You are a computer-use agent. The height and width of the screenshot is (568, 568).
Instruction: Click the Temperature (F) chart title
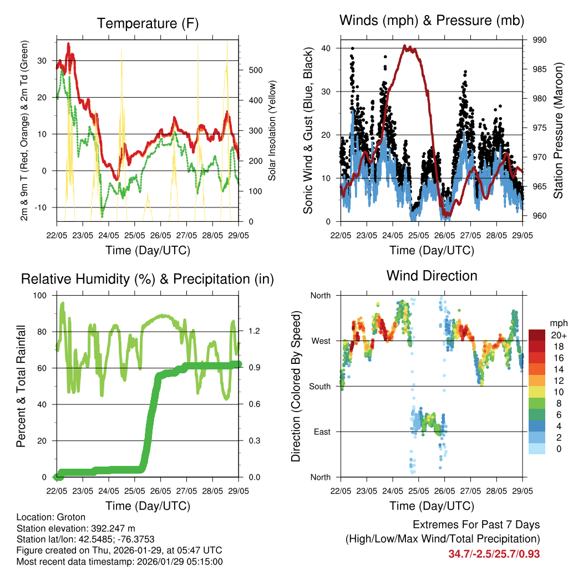[147, 23]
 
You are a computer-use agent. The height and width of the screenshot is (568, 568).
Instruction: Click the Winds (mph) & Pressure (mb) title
[432, 21]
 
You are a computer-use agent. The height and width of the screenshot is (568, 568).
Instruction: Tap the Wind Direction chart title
[432, 276]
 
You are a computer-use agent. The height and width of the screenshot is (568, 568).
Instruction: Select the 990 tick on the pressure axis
[540, 40]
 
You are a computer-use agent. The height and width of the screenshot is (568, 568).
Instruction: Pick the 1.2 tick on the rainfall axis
[255, 332]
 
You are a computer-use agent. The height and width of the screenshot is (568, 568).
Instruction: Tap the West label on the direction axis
[320, 341]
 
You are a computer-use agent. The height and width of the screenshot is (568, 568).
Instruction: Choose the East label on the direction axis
[321, 432]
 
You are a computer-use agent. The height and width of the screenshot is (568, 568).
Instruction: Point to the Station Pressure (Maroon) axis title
[559, 130]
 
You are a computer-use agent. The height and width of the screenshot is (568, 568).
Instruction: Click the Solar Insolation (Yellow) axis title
[272, 130]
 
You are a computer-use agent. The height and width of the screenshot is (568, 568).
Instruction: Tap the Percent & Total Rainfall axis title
[21, 386]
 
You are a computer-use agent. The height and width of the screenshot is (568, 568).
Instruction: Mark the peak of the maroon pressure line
[405, 46]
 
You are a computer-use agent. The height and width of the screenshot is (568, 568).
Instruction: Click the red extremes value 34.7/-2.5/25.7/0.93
[494, 554]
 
